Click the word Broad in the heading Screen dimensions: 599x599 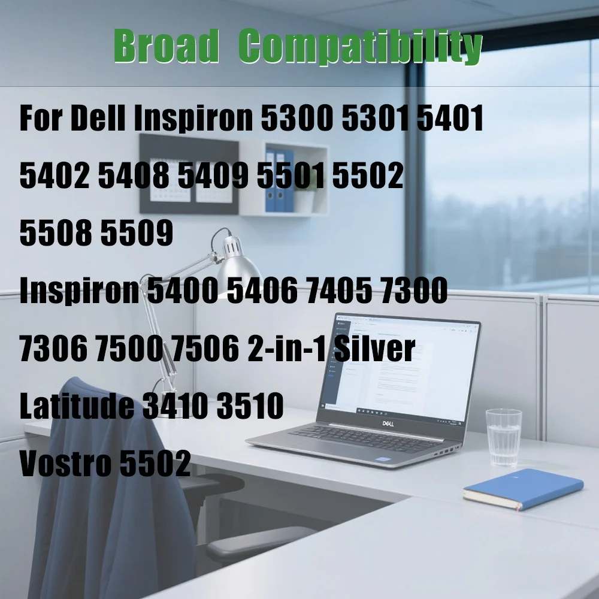[166, 47]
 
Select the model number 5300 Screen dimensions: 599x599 [297, 120]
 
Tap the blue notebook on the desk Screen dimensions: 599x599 [522, 488]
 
